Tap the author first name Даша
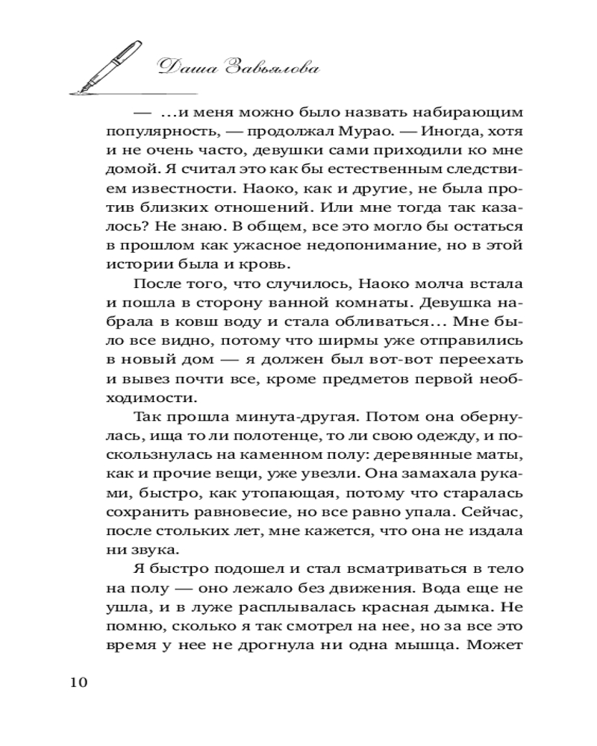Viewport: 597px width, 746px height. click(184, 68)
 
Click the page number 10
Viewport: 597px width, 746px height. click(78, 683)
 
